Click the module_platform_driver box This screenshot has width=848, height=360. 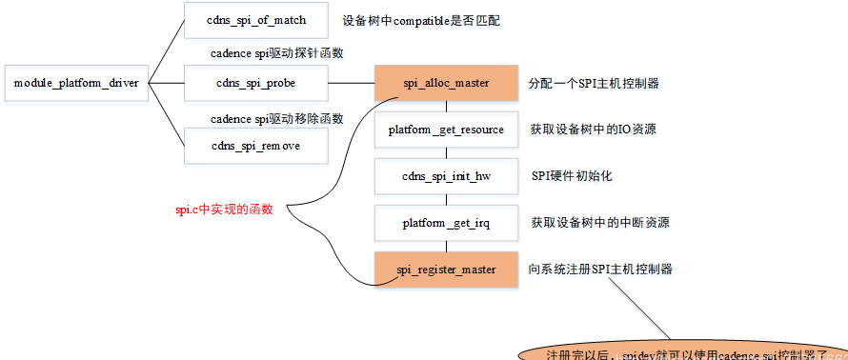click(x=76, y=83)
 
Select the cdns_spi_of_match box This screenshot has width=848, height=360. click(x=255, y=20)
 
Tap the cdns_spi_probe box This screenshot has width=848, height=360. click(x=255, y=83)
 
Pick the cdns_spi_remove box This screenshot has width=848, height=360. click(x=255, y=146)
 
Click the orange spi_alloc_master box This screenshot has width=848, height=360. click(x=446, y=83)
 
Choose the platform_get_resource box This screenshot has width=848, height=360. click(x=446, y=129)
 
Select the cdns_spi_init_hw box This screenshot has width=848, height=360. click(x=446, y=176)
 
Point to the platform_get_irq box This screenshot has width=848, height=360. click(x=446, y=223)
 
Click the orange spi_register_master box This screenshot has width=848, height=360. click(x=446, y=270)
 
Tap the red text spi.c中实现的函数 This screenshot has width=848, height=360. click(x=224, y=209)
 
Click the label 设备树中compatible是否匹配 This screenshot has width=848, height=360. click(x=408, y=20)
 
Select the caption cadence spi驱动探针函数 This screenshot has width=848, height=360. click(x=276, y=53)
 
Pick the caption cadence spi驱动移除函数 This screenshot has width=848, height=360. click(x=276, y=118)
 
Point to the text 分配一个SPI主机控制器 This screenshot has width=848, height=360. click(x=594, y=83)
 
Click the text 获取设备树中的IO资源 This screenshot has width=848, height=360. click(x=599, y=130)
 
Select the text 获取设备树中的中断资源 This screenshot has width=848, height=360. click(x=600, y=223)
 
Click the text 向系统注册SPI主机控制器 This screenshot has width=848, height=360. click(x=600, y=270)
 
